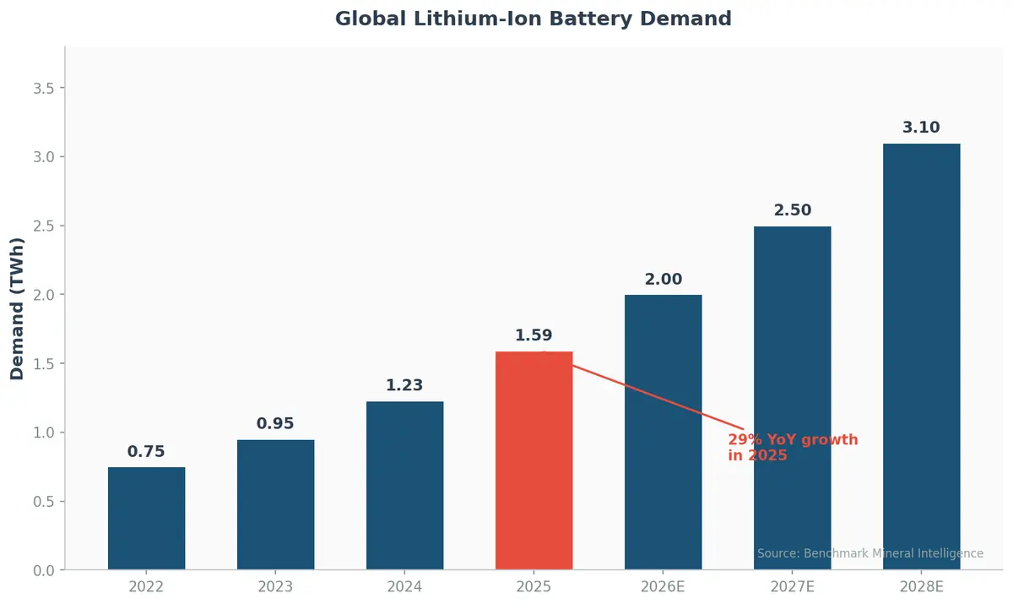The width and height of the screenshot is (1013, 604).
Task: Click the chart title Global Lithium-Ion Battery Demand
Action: click(x=533, y=19)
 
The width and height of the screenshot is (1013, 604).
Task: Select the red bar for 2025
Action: click(x=534, y=460)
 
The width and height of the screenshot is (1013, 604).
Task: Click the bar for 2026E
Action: click(x=663, y=432)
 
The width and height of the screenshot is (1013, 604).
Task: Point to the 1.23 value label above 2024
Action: click(x=404, y=385)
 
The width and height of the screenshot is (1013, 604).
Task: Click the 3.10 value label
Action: click(x=921, y=128)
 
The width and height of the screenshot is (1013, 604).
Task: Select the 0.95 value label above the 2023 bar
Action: click(x=275, y=424)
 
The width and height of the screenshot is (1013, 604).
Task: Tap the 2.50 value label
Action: click(x=792, y=210)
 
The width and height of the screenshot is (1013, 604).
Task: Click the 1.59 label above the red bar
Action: click(x=534, y=335)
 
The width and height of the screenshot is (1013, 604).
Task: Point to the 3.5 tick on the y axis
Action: click(x=43, y=89)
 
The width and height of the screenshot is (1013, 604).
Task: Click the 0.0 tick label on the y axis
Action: click(x=43, y=570)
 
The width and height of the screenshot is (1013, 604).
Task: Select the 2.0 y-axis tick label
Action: click(x=43, y=295)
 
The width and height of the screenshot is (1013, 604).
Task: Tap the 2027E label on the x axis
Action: click(x=792, y=587)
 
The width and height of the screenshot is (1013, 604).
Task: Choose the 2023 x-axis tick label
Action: click(x=275, y=587)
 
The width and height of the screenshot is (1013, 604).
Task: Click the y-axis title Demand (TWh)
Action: click(x=18, y=308)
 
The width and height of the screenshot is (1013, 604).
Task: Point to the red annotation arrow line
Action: click(x=650, y=394)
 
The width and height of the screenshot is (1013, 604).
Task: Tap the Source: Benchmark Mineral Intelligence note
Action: click(x=869, y=553)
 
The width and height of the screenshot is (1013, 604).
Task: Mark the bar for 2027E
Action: click(x=792, y=398)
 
